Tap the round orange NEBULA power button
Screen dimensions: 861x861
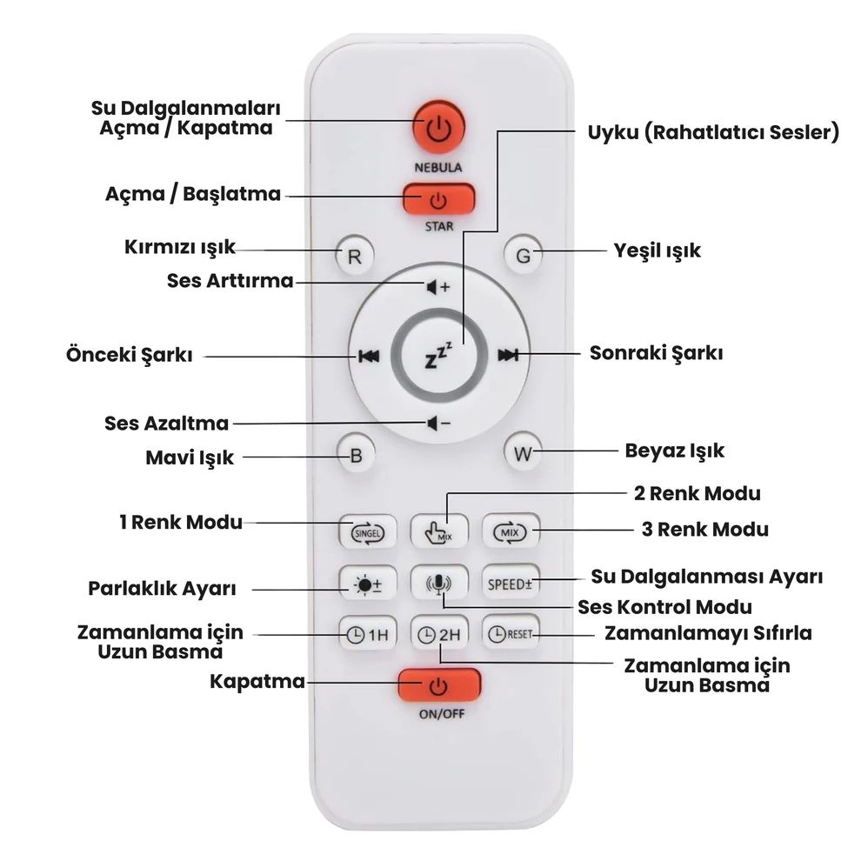click(x=438, y=127)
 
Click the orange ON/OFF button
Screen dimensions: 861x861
click(x=439, y=684)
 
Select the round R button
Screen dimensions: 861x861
click(x=355, y=256)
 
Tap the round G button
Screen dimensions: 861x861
click(x=523, y=255)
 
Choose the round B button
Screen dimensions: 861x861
click(x=356, y=455)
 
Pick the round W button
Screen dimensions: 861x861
click(x=523, y=453)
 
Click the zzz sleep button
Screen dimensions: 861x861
click(x=439, y=356)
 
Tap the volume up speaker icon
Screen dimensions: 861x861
click(x=438, y=287)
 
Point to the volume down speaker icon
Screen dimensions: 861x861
click(x=438, y=424)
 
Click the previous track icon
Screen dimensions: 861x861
click(x=369, y=357)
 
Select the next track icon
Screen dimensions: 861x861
click(x=508, y=356)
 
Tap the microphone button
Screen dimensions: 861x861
click(x=439, y=584)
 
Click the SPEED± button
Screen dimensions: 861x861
click(x=511, y=584)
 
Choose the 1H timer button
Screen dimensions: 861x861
click(x=368, y=634)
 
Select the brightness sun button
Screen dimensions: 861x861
click(x=368, y=584)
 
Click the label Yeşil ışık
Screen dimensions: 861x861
click(x=657, y=251)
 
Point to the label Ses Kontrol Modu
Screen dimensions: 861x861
click(x=665, y=607)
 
